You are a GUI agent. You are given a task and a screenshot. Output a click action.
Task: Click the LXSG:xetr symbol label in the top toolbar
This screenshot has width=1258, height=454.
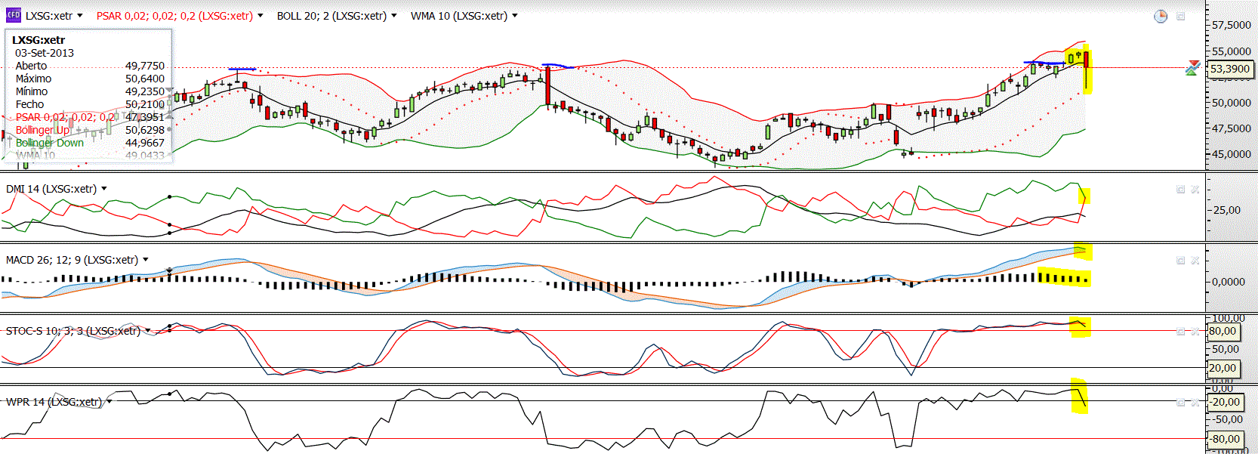(49, 16)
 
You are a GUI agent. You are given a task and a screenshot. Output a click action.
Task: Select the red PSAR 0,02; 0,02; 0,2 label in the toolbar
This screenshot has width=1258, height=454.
(174, 16)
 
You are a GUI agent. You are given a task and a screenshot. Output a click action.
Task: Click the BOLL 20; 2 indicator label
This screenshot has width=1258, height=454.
(331, 16)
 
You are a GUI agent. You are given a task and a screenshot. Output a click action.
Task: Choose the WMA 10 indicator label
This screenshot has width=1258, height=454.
(459, 16)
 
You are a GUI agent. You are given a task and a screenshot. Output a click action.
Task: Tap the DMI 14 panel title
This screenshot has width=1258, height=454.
(51, 189)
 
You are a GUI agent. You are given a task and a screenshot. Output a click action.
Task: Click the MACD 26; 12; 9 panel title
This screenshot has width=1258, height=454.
(72, 260)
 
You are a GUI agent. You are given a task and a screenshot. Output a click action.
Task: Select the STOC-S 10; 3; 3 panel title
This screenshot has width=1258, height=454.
(73, 331)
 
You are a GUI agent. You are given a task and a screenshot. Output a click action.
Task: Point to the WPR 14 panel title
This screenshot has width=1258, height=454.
(54, 402)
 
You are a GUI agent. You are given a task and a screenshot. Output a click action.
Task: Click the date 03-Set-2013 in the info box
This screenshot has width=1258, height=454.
(45, 53)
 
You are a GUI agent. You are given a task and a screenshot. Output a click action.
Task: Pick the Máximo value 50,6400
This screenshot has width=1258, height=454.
(144, 79)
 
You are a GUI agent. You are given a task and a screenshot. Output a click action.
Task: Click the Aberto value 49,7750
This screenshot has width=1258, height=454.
(144, 66)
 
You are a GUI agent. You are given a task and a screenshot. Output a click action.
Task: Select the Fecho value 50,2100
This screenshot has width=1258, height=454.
(144, 104)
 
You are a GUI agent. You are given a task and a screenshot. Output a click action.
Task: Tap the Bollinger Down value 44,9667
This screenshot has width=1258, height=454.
(144, 143)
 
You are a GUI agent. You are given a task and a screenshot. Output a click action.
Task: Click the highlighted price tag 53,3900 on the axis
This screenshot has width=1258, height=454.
(1230, 69)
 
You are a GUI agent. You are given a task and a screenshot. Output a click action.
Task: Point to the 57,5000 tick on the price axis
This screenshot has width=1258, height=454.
(1232, 25)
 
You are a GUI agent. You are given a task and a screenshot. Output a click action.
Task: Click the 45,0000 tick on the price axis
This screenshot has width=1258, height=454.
(1232, 154)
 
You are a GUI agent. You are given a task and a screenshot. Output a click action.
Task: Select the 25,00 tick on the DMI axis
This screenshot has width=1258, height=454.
(1227, 210)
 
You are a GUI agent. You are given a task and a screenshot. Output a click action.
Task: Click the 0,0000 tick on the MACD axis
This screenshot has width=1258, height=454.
(1229, 282)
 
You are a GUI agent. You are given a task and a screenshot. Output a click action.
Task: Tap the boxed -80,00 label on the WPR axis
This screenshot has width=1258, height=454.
(1226, 439)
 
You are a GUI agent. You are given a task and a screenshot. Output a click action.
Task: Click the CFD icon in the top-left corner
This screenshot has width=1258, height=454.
(14, 15)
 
